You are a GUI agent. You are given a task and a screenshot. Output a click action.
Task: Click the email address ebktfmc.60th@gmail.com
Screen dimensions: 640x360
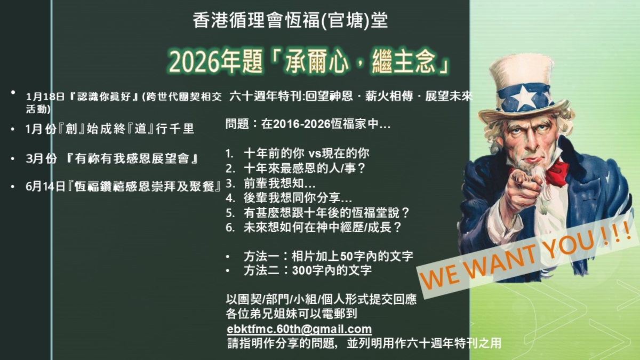click(299, 329)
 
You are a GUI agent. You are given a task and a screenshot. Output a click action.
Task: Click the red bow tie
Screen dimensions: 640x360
click(553, 173)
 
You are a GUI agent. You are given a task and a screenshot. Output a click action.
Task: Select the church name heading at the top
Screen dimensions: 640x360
click(290, 20)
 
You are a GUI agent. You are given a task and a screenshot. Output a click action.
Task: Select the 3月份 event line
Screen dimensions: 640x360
click(112, 158)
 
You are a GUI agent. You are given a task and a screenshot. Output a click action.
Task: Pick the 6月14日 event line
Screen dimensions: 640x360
click(123, 187)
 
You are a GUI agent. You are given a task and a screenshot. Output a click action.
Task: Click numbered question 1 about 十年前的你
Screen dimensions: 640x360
click(297, 154)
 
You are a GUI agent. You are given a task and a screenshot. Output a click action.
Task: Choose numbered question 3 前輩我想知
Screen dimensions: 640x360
click(270, 183)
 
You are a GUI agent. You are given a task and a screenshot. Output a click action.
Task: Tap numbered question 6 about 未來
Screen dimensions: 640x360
click(314, 227)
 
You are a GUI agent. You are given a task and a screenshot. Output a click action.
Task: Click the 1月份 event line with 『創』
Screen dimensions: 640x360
click(110, 129)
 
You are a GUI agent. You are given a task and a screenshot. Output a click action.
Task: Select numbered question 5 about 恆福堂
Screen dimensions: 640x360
click(317, 213)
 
